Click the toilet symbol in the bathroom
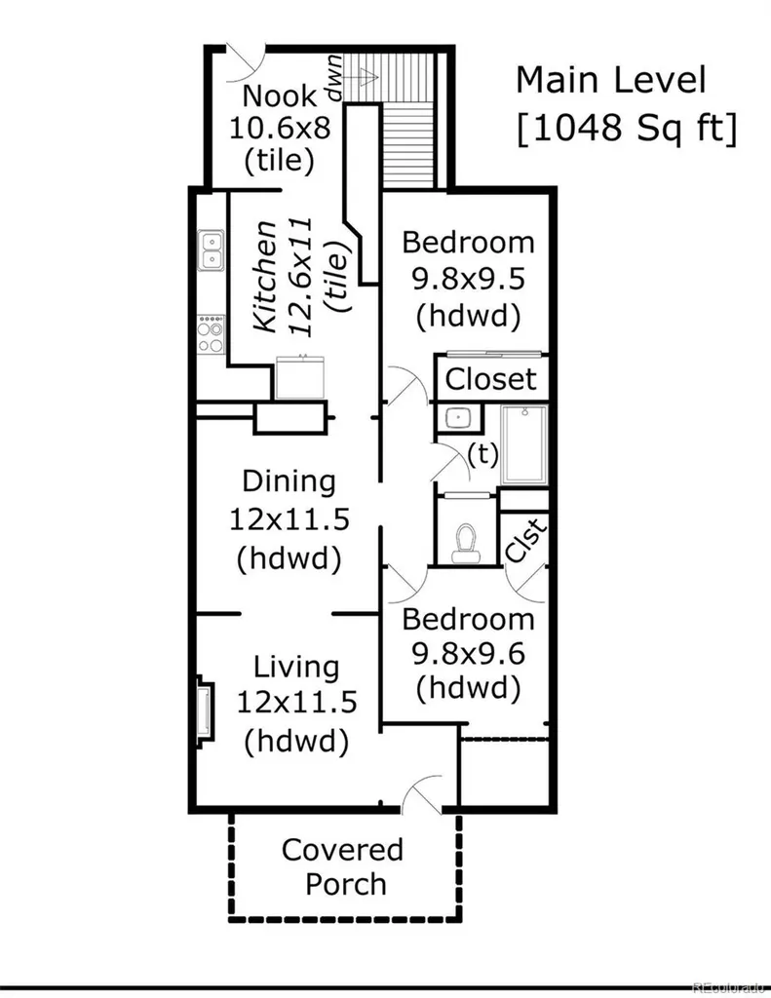(465, 543)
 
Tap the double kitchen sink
(210, 250)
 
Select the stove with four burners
(211, 335)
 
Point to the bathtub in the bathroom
(524, 444)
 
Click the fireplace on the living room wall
(205, 709)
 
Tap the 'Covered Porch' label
(344, 866)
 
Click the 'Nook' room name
(280, 96)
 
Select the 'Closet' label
(491, 379)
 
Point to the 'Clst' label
(526, 540)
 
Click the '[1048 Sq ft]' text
(627, 127)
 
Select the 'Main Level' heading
(611, 80)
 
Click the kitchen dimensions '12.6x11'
(301, 277)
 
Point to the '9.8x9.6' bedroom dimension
(469, 653)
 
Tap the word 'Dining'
(289, 481)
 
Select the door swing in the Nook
(245, 61)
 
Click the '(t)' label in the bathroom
(482, 454)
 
